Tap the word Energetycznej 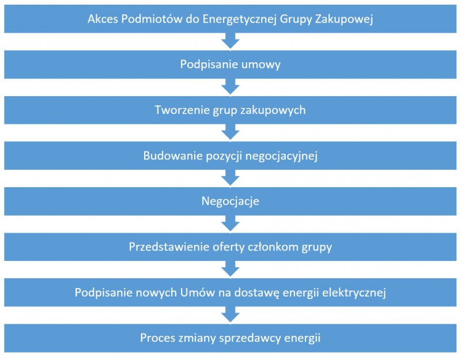[240, 20]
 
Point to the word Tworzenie [182, 110]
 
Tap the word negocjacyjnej [281, 156]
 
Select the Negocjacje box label [230, 202]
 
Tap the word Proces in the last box [157, 338]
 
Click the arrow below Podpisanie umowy [230, 86]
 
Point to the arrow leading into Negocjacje [230, 178]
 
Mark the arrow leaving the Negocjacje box [230, 223]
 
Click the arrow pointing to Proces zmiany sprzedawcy [230, 314]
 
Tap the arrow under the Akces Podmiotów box [230, 41]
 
